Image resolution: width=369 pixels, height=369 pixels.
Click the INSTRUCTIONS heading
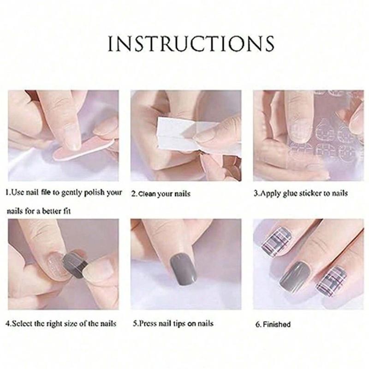pyautogui.click(x=191, y=44)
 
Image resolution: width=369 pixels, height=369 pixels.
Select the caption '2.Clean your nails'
pyautogui.click(x=161, y=194)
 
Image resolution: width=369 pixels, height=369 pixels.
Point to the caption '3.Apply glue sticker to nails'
pyautogui.click(x=301, y=193)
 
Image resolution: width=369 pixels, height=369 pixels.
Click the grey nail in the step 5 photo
pyautogui.click(x=184, y=270)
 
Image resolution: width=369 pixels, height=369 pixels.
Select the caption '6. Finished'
pyautogui.click(x=273, y=324)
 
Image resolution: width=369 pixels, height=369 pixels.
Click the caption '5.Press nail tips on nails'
pyautogui.click(x=173, y=323)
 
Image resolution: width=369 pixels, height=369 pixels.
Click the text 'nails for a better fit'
pyautogui.click(x=39, y=211)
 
